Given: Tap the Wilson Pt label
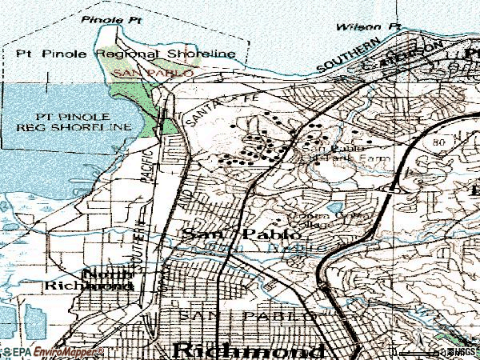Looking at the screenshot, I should (x=367, y=26).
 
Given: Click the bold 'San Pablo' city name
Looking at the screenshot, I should (x=242, y=235).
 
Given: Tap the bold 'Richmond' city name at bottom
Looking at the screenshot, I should (x=249, y=350).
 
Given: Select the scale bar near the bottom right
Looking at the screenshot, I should (x=416, y=352).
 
